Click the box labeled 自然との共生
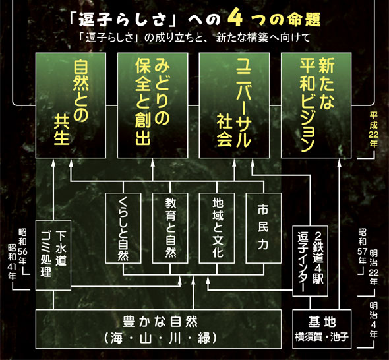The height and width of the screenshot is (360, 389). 71,105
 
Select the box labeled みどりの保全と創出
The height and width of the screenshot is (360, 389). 152,105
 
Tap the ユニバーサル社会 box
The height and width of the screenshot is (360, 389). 234,105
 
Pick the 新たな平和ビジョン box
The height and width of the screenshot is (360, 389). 316,105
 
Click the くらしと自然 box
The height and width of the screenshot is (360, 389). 123,228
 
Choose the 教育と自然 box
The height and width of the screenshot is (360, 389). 170,228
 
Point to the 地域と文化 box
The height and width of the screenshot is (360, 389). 217,228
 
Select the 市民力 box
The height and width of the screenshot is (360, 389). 264,228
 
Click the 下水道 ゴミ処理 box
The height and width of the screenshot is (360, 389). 53,255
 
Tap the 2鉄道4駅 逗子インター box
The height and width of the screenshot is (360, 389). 310,261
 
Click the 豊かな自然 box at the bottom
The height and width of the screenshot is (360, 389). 158,329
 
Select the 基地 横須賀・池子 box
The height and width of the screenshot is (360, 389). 322,329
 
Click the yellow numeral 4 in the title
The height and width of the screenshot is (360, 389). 235,19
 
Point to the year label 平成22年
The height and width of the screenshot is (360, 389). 373,129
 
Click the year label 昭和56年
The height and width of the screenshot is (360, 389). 23,247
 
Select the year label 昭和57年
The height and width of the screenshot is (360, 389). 362,247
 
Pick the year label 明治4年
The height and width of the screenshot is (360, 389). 373,320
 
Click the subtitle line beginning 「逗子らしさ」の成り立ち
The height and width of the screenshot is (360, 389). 194,38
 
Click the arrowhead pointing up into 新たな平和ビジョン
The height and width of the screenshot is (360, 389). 340,162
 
